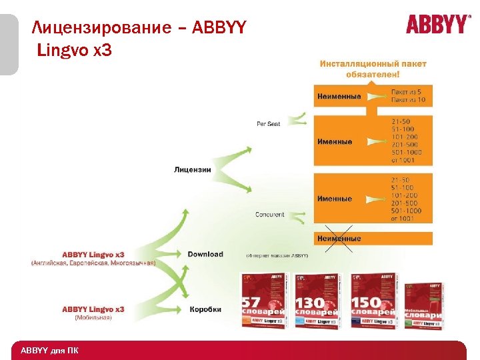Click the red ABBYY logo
[x=437, y=25]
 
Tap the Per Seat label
[x=268, y=124]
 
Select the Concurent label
[x=269, y=215]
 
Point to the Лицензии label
[x=192, y=169]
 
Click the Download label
[x=205, y=254]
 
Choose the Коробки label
[x=205, y=309]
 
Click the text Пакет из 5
[x=407, y=91]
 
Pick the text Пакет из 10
[x=408, y=100]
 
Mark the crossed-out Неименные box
[x=340, y=238]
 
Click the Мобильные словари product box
[x=425, y=302]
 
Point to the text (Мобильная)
[x=93, y=318]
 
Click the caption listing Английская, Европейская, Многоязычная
[x=93, y=263]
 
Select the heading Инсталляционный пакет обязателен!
[x=373, y=69]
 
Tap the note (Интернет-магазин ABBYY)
[x=277, y=255]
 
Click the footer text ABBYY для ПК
[x=49, y=351]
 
